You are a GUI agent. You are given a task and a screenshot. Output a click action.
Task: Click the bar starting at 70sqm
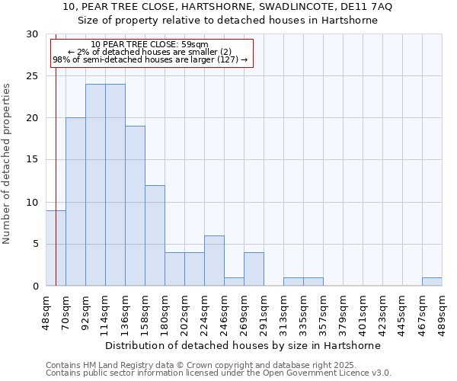tap(75, 202)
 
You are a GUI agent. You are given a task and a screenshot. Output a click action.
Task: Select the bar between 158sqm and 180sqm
tap(155, 235)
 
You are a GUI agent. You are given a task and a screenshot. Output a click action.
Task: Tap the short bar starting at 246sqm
tap(234, 281)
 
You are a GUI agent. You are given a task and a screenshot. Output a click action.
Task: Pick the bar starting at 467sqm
tap(432, 281)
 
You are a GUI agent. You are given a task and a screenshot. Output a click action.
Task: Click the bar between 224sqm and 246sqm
tap(214, 261)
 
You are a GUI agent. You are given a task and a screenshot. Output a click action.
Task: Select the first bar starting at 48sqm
tap(56, 248)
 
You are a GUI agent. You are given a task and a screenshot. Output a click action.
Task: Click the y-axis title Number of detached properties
tap(7, 164)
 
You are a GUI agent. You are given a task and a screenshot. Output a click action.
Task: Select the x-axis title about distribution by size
tap(243, 345)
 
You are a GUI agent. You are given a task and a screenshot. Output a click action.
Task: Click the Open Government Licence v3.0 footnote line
tap(219, 373)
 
